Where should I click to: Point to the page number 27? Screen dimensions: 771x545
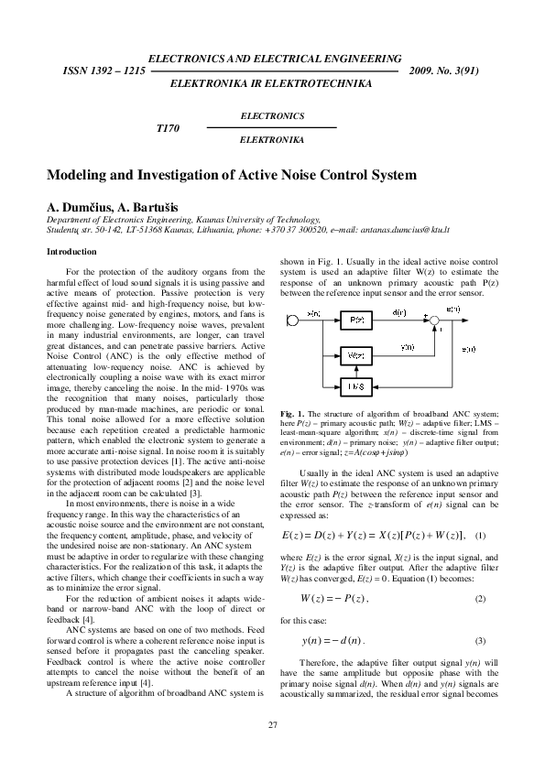272,725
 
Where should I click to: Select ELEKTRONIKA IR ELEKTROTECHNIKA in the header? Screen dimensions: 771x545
272,82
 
